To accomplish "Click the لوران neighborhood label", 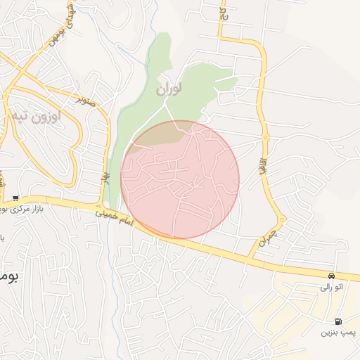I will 169,89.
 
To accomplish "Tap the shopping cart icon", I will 15,198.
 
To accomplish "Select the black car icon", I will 331,275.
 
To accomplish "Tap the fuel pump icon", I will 340,320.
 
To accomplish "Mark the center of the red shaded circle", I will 180,179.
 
